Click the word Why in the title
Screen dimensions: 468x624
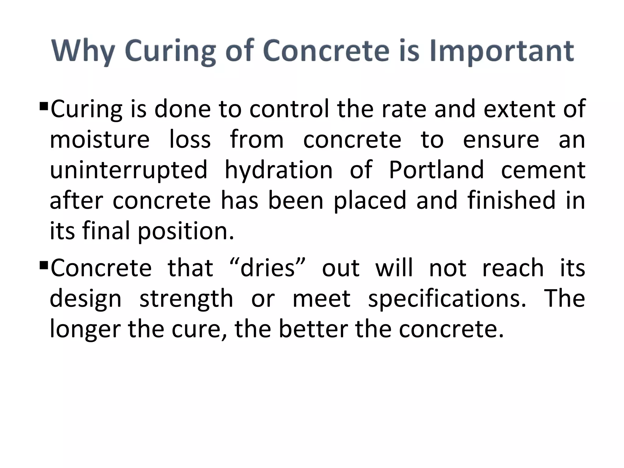[x=83, y=51]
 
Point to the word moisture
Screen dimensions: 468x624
[x=100, y=140]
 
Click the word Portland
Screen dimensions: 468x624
[x=436, y=170]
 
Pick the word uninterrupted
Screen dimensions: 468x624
[x=129, y=170]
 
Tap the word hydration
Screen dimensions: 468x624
[x=278, y=170]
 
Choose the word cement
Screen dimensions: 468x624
[x=543, y=170]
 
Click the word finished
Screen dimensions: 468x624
[x=512, y=200]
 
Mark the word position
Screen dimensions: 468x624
[x=186, y=231]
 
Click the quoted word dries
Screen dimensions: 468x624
[x=268, y=268]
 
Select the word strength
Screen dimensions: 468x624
[x=186, y=300]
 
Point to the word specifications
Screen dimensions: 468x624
[x=447, y=299]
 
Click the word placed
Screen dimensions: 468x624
[x=370, y=201]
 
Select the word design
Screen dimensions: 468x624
[x=85, y=300]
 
